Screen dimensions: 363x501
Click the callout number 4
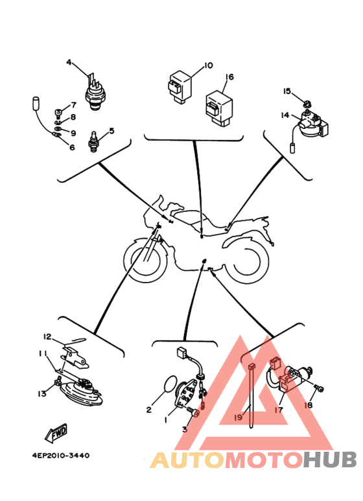coord(69,62)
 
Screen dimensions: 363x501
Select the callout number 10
coord(208,65)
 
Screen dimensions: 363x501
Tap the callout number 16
coord(229,76)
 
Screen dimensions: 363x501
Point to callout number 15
coord(287,91)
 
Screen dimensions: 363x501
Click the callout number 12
coord(47,336)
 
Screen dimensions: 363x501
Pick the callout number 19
coord(239,417)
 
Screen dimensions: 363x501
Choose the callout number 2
coord(149,410)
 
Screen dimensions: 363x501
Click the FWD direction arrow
coord(56,433)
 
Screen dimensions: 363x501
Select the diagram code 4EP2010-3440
coord(61,455)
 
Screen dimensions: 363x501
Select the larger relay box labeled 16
coord(219,108)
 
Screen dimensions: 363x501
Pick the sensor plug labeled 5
coord(93,141)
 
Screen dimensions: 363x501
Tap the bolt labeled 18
coord(319,388)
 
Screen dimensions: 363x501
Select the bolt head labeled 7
coord(58,113)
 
